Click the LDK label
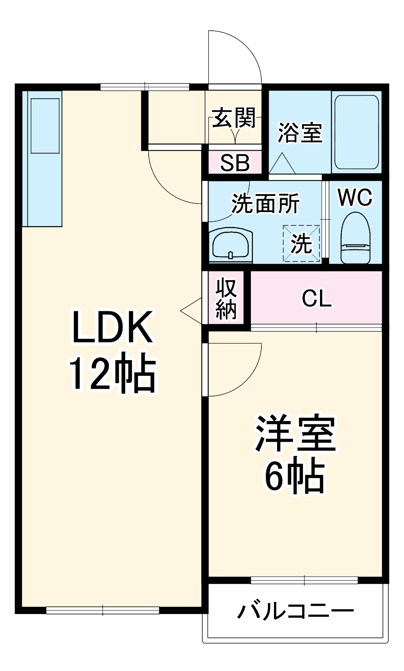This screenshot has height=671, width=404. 112,327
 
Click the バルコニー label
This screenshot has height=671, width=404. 295,612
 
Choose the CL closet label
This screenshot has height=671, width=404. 316,299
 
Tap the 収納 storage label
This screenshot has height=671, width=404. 226,298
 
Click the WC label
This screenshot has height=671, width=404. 355,197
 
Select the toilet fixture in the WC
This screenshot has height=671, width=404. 356,238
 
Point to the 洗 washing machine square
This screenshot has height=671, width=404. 301,243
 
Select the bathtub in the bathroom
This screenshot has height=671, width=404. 356,132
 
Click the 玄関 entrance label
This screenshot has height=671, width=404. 234,118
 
